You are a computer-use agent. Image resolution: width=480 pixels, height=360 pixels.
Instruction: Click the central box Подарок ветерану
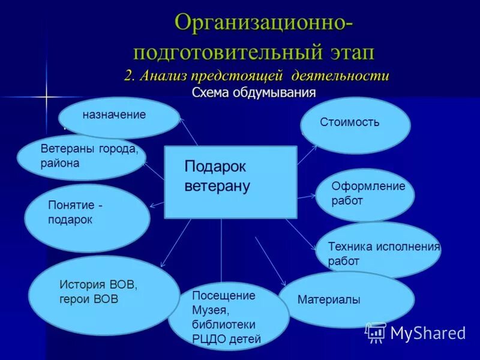pyautogui.click(x=230, y=181)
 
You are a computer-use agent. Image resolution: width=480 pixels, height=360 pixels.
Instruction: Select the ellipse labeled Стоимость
pyautogui.click(x=355, y=125)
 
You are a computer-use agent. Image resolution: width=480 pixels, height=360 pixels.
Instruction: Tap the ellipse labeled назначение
pyautogui.click(x=119, y=117)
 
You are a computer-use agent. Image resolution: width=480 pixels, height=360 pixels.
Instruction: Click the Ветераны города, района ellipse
pyautogui.click(x=81, y=157)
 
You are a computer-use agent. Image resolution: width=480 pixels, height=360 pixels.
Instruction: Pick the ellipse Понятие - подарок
pyautogui.click(x=87, y=218)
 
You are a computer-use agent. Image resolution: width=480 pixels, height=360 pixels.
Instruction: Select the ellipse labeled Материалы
pyautogui.click(x=346, y=299)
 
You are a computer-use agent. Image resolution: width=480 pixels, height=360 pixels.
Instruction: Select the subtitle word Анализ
pyautogui.click(x=164, y=77)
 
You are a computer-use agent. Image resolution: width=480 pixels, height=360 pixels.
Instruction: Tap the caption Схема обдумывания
pyautogui.click(x=253, y=93)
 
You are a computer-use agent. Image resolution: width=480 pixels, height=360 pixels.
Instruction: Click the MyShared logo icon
pyautogui.click(x=376, y=332)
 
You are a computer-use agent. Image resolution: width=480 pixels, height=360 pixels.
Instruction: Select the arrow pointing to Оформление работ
pyautogui.click(x=307, y=196)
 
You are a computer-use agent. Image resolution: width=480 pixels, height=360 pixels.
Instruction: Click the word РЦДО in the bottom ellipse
pyautogui.click(x=208, y=339)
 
